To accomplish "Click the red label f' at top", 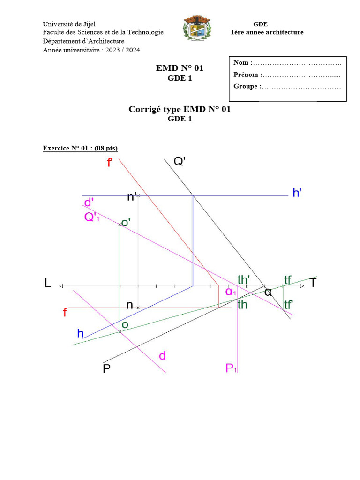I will (110, 164).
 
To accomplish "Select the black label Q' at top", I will (180, 162).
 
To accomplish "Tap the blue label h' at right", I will (297, 193).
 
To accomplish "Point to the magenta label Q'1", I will (91, 217).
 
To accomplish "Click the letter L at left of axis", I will (47, 283).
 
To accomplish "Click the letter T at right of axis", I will (313, 283).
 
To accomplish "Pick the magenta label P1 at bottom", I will (231, 368).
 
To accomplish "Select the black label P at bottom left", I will (107, 369).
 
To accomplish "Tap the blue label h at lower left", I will (81, 333).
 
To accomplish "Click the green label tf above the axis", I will (288, 280).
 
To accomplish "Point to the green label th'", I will (243, 280).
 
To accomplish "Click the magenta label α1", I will (231, 292).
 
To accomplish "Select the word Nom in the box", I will (242, 63).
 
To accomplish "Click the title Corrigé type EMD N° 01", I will (180, 109).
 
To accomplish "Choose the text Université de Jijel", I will (69, 24).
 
